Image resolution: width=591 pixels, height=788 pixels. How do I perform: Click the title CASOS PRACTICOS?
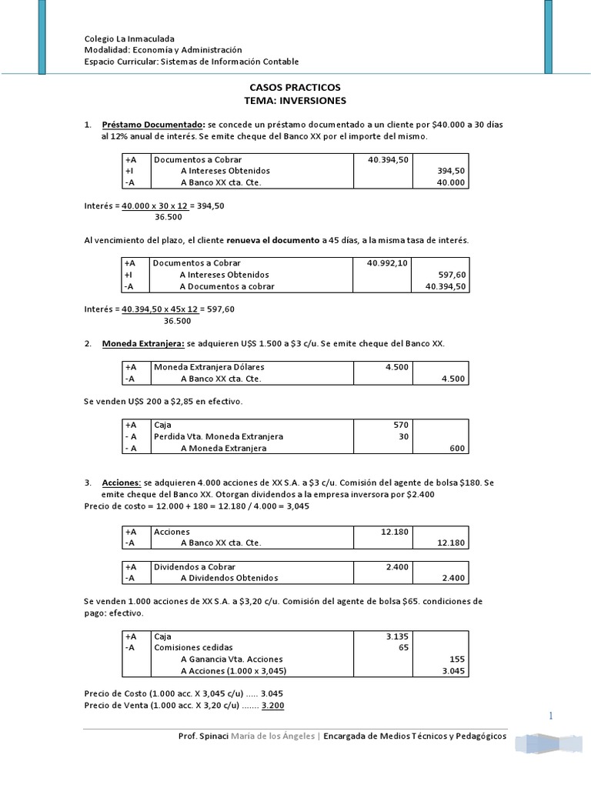(x=295, y=88)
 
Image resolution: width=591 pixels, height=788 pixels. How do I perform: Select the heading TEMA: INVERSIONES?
(x=295, y=100)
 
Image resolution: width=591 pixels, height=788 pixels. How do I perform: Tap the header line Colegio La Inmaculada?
(x=129, y=38)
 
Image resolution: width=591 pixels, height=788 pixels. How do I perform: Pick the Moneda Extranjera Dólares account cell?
(x=209, y=367)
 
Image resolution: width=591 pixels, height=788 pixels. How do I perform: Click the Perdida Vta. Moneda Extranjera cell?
(x=219, y=436)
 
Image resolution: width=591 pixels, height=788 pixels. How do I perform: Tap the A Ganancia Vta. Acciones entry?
(x=232, y=659)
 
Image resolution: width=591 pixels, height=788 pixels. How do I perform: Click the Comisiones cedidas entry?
(x=193, y=648)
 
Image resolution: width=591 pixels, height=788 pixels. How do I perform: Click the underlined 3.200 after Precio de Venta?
(x=273, y=706)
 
